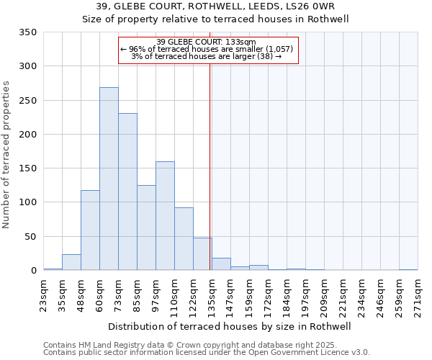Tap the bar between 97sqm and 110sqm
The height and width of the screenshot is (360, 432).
coord(165,216)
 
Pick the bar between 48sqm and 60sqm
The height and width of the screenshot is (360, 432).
coord(90,230)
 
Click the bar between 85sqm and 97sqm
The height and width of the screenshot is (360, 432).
coord(146,228)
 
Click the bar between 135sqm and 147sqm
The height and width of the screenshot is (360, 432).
coord(221,264)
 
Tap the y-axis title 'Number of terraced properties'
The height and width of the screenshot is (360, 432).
coord(7,155)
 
